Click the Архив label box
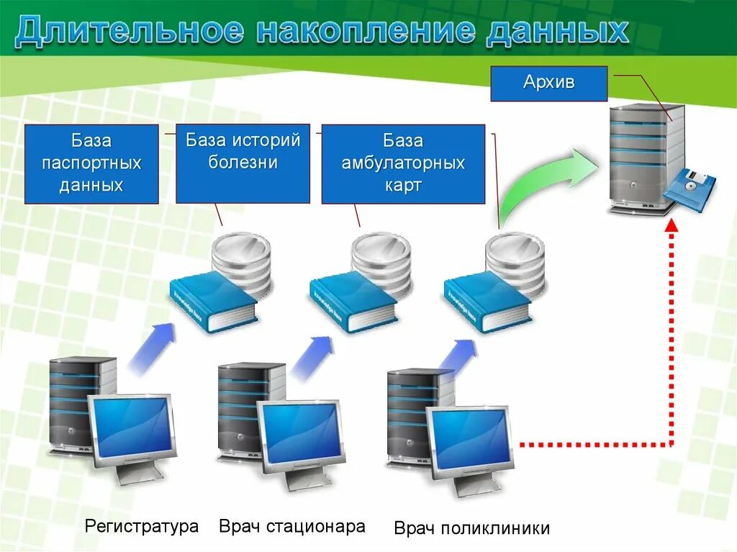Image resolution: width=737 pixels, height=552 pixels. pyautogui.click(x=548, y=83)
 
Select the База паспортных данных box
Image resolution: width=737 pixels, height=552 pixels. pyautogui.click(x=91, y=163)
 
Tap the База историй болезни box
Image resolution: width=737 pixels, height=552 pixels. pyautogui.click(x=243, y=163)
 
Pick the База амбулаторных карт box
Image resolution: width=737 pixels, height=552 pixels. pyautogui.click(x=402, y=163)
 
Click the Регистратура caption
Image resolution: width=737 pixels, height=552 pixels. pyautogui.click(x=142, y=526)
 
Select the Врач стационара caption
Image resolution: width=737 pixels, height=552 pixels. pyautogui.click(x=292, y=526)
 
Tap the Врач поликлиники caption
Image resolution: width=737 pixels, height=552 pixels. pyautogui.click(x=471, y=529)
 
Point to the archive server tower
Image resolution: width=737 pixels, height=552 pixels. pyautogui.click(x=644, y=155)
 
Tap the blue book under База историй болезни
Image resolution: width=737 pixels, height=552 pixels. pyautogui.click(x=353, y=304)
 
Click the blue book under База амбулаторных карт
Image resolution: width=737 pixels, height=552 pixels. pyautogui.click(x=487, y=302)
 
